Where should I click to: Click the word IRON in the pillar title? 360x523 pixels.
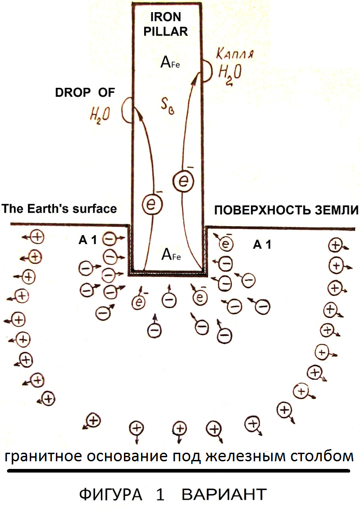coord(165,17)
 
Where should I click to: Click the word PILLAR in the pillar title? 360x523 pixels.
coord(165,32)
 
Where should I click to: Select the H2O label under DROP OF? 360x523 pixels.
coord(100,115)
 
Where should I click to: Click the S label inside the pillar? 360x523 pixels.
coord(167,107)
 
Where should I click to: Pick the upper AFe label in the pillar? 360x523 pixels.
coord(170,62)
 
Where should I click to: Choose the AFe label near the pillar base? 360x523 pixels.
coord(171,255)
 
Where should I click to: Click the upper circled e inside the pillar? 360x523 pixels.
coord(183,181)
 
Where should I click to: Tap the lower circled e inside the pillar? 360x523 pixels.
coord(152,204)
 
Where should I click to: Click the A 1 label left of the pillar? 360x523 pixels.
coord(88,240)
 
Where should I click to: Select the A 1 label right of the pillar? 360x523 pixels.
coord(262,245)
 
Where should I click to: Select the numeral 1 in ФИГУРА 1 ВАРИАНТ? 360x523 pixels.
coord(160,494)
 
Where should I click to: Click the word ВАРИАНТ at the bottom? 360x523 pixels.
coord(224,494)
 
